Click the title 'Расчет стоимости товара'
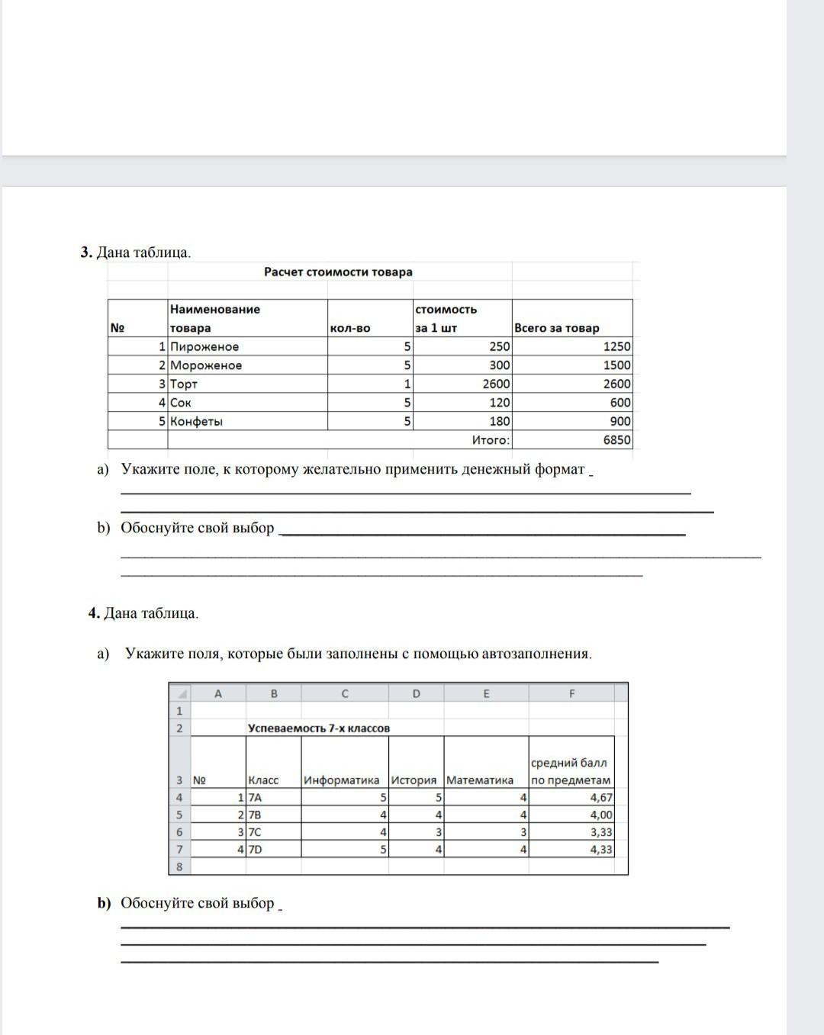[x=338, y=272]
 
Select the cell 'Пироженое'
[x=204, y=346]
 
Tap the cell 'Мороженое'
[x=206, y=365]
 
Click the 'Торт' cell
[x=184, y=384]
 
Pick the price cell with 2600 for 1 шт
[x=497, y=384]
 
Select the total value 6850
[x=616, y=440]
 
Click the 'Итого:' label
[x=491, y=440]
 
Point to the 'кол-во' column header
[x=350, y=328]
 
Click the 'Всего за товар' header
[x=557, y=328]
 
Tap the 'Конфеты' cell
[x=197, y=421]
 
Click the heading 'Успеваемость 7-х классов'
[x=319, y=728]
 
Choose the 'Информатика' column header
[x=341, y=780]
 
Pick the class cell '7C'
[x=255, y=832]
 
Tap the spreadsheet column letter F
[x=572, y=693]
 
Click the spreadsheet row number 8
[x=179, y=866]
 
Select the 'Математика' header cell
[x=480, y=780]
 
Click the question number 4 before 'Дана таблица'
[x=93, y=613]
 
